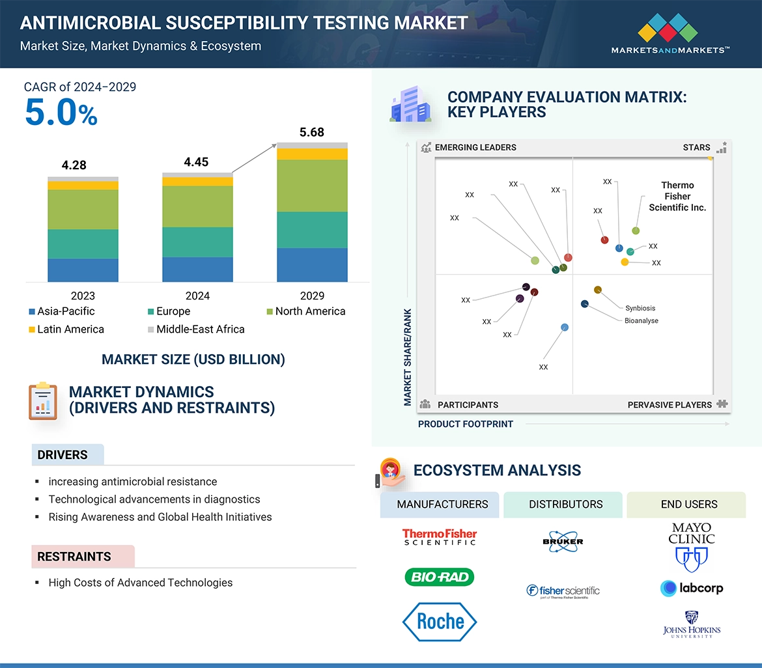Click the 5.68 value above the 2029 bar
tap(312, 133)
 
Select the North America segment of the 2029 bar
tap(312, 186)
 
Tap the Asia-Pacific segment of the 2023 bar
tap(83, 270)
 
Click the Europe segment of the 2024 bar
tap(197, 242)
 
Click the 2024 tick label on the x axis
tap(197, 296)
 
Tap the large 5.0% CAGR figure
tap(61, 113)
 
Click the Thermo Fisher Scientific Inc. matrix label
tap(677, 196)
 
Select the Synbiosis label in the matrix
tap(640, 308)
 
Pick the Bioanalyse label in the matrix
tap(641, 320)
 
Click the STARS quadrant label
tap(696, 148)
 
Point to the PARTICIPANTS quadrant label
tap(468, 405)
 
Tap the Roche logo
tap(440, 622)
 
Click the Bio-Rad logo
tap(440, 577)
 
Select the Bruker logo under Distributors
tap(563, 540)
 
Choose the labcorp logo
tap(691, 588)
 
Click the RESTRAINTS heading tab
tap(74, 557)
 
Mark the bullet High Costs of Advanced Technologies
tap(140, 583)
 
